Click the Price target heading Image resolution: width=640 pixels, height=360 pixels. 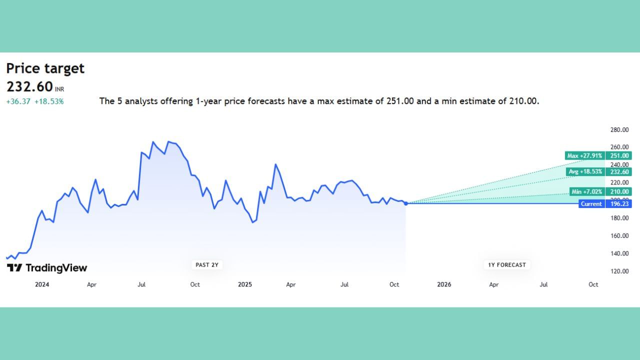[45, 68]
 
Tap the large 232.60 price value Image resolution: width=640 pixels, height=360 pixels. [29, 86]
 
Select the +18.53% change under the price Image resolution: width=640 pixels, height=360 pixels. [49, 101]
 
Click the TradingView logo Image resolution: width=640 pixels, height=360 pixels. [47, 267]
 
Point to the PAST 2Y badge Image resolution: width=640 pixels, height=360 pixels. [207, 265]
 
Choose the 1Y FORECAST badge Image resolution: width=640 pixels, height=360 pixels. [507, 265]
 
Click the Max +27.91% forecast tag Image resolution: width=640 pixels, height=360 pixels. [585, 155]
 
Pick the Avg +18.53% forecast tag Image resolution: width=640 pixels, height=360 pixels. [585, 171]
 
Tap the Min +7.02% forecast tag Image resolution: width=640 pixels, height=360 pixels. [587, 191]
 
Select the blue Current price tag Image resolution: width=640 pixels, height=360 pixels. [591, 203]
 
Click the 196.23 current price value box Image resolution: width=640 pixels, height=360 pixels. [618, 203]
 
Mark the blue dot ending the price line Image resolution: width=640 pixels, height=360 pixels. [406, 203]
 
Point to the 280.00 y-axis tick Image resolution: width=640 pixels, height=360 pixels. [619, 130]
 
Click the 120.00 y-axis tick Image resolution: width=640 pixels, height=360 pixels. [619, 271]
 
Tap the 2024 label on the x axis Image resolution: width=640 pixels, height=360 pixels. [42, 284]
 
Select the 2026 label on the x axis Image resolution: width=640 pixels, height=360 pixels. [444, 284]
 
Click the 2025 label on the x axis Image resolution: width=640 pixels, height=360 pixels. [245, 284]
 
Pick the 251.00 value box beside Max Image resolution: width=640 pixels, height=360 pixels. [618, 155]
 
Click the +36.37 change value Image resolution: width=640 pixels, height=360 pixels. [18, 101]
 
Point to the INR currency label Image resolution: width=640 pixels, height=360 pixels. [59, 89]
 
